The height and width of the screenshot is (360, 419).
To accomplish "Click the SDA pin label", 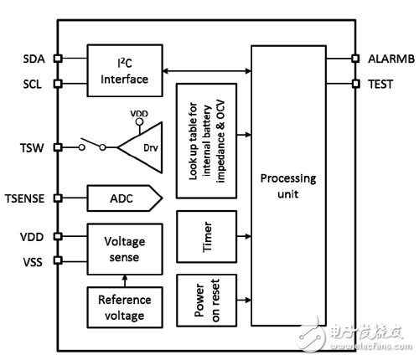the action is [34, 59].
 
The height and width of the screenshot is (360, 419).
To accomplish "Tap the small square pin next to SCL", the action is [58, 84].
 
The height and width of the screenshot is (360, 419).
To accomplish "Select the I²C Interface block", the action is [125, 70].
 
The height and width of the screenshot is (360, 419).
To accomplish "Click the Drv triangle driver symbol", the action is [140, 147].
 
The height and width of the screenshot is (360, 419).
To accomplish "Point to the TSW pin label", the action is [32, 147].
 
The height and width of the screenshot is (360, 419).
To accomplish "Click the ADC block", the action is [125, 198].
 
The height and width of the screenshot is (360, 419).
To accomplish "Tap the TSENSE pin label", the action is [25, 198].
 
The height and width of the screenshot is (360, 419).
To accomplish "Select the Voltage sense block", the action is [125, 249].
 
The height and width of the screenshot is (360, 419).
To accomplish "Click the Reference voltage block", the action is [125, 307].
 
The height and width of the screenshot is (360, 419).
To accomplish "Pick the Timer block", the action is [207, 237].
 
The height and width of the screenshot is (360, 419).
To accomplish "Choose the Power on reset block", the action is [207, 301].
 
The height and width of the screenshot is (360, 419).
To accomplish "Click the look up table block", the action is [207, 141].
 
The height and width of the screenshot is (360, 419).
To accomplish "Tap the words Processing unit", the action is [288, 186].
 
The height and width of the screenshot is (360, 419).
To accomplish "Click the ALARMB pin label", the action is [391, 59].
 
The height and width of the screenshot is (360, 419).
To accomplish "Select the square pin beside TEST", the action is [355, 84].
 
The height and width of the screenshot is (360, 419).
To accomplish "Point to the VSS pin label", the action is [33, 262].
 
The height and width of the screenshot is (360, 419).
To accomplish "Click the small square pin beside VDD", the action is [58, 236].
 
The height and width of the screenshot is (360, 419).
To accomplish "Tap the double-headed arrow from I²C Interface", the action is [207, 71].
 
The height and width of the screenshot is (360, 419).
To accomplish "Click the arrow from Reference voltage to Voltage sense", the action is [125, 280].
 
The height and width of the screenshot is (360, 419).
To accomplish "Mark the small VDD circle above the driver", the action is [139, 121].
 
